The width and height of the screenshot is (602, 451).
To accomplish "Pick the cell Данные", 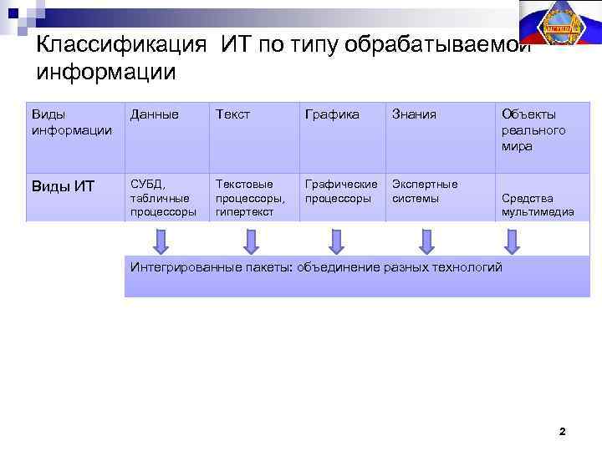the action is coord(155,114).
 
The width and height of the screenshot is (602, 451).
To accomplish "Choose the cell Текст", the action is coord(232,114).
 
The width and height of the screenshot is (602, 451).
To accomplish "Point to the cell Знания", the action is coord(415,114).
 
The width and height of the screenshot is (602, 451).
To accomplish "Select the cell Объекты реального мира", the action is coord(533,129).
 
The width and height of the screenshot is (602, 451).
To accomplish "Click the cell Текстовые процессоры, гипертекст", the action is coord(250,198).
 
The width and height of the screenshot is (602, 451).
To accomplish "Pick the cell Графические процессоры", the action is coord(341,191).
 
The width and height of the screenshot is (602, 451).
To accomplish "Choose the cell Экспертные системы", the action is coord(425,191).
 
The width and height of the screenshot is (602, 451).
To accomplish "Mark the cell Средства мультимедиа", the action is coord(538,205).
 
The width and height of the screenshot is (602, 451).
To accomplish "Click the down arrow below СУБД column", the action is coord(161,241).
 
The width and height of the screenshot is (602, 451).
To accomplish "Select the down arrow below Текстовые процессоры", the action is coord(250,241).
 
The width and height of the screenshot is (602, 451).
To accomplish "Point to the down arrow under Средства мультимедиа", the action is coord(513,241).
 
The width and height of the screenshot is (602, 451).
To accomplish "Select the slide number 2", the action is coord(562,432).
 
